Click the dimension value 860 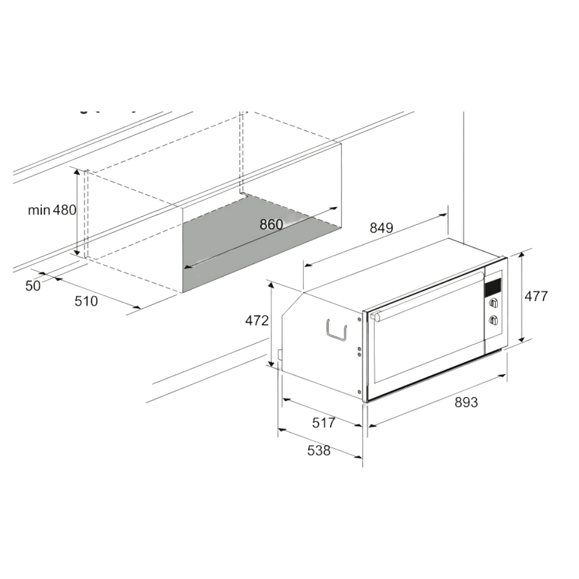(x=271, y=224)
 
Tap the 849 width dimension (x=382, y=228)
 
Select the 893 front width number (x=466, y=402)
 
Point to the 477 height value (x=536, y=296)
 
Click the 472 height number (x=257, y=321)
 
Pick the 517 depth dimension (x=324, y=422)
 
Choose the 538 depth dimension (x=319, y=450)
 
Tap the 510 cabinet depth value (x=86, y=301)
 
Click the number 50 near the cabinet (x=33, y=285)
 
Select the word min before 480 (x=39, y=210)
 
